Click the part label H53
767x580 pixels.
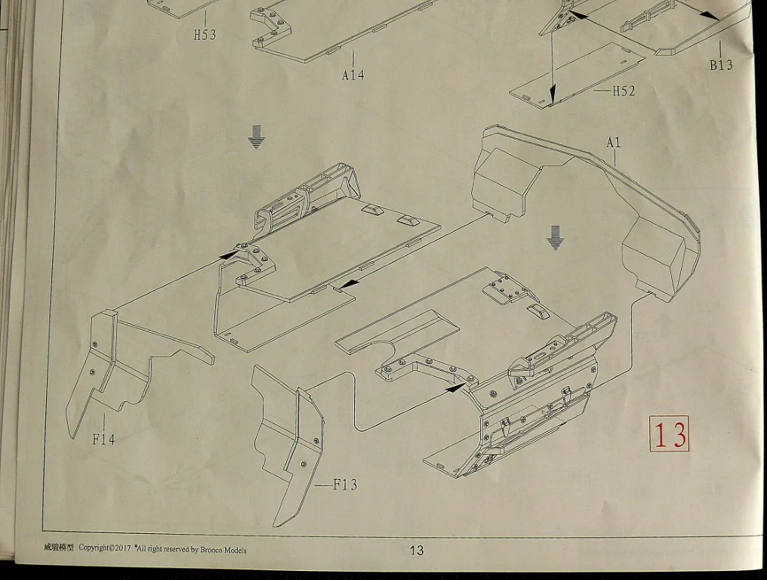click(x=205, y=35)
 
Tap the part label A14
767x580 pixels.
click(x=353, y=75)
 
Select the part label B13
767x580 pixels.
click(x=722, y=65)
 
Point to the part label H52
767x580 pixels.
click(x=624, y=91)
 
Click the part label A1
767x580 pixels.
click(x=614, y=143)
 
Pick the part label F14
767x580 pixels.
click(x=103, y=440)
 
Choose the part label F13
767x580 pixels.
click(x=345, y=485)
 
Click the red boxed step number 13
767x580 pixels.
click(x=669, y=433)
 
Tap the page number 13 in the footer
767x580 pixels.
click(x=416, y=551)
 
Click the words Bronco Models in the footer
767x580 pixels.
click(x=223, y=550)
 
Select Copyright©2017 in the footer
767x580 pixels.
click(x=105, y=548)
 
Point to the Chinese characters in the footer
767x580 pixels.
click(x=58, y=548)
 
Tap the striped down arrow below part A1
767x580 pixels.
click(x=555, y=238)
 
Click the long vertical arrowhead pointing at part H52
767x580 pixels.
click(x=553, y=94)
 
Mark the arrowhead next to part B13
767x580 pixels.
click(x=712, y=16)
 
